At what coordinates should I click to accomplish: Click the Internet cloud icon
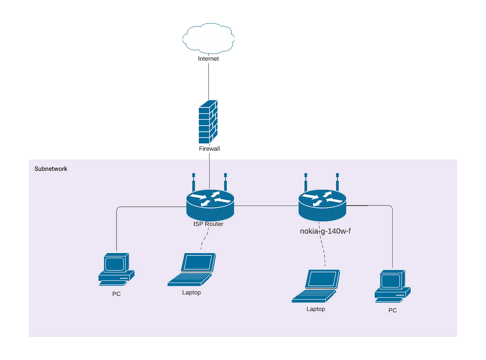coord(208,38)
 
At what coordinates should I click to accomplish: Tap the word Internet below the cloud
coord(208,58)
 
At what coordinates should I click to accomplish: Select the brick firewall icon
coord(208,122)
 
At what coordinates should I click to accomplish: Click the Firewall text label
coord(209,148)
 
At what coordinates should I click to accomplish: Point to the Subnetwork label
coord(51,169)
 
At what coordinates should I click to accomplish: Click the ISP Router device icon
coord(210,205)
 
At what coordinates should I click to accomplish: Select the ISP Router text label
coord(208,224)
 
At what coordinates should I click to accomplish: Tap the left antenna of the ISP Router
coord(194,182)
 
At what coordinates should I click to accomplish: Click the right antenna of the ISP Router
coord(225,182)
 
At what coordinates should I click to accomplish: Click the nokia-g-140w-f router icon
coord(322,206)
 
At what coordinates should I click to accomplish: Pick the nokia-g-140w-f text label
coord(325,231)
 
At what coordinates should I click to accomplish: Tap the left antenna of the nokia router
coord(306,182)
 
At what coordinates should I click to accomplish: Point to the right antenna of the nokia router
coord(337,182)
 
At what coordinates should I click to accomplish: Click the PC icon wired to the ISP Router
coord(116,269)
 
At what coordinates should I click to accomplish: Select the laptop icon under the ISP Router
coord(192,270)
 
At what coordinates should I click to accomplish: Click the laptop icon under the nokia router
coord(316,286)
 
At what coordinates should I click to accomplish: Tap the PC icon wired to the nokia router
coord(392,286)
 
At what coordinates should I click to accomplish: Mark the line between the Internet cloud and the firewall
coord(209,81)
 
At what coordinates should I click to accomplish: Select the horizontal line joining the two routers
coord(266,206)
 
